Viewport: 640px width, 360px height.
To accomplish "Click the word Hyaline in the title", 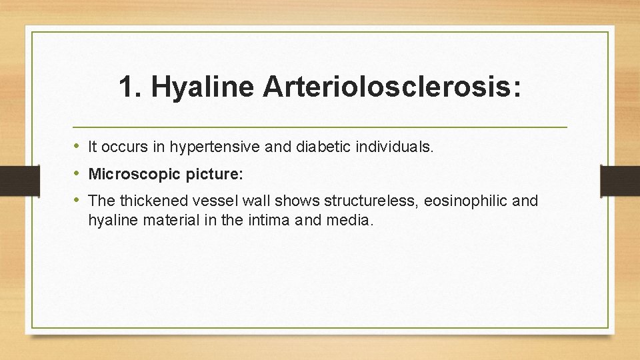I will pos(202,88).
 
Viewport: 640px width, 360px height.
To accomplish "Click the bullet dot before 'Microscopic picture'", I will pos(77,174).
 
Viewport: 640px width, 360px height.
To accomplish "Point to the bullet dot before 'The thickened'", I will pos(77,200).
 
